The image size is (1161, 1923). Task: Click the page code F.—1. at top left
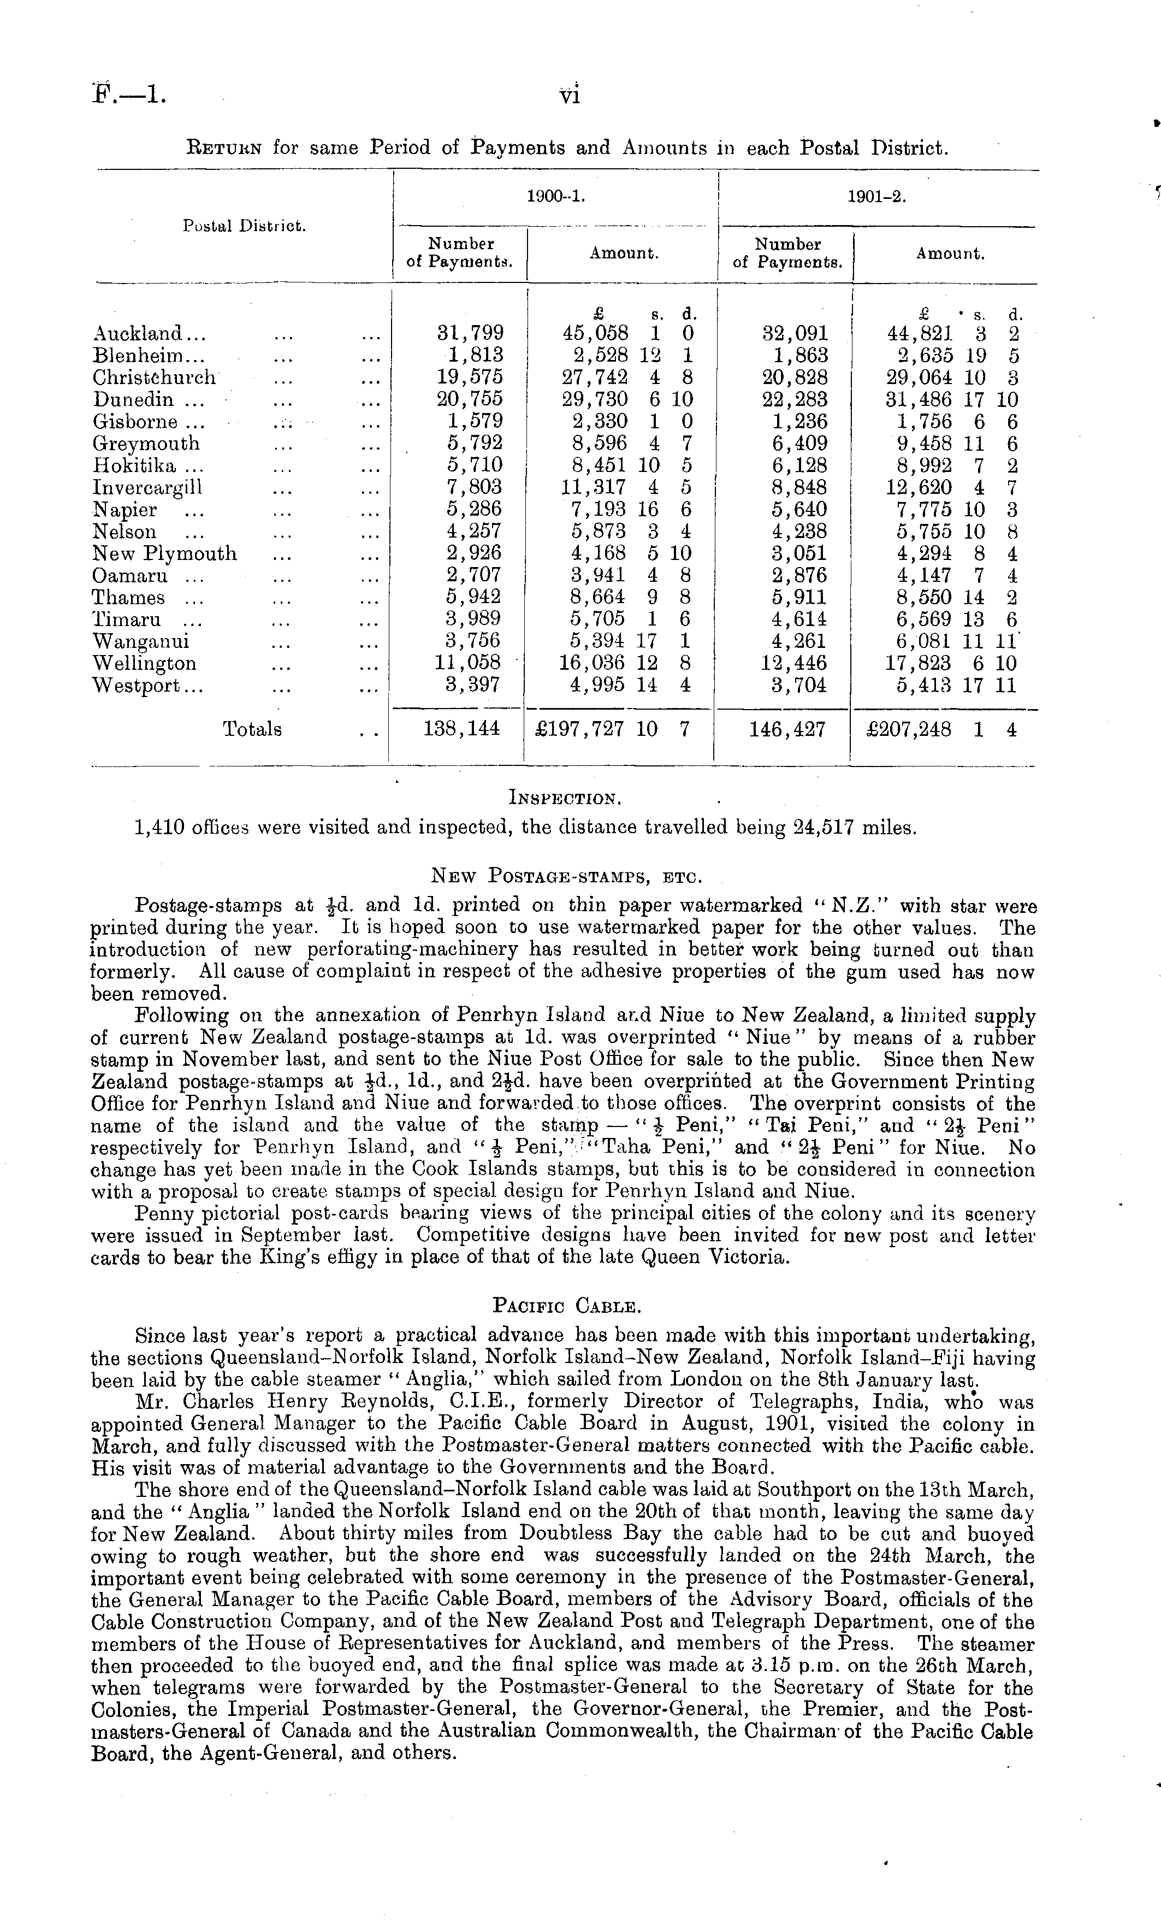coord(129,95)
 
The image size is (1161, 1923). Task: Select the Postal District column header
coord(244,226)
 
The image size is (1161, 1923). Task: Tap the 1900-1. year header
coord(555,197)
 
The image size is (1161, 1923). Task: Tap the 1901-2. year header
coord(876,197)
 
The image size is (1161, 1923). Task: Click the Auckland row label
coord(148,334)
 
